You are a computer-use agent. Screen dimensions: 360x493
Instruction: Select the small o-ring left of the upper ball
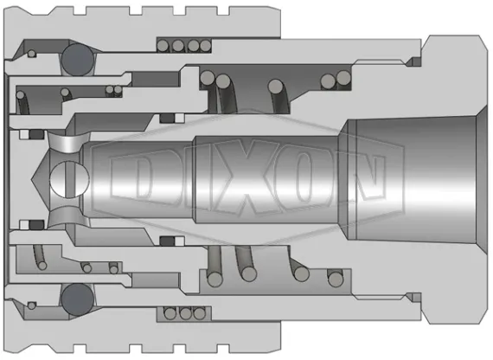[x=32, y=54]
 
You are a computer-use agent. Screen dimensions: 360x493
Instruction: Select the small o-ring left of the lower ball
[x=32, y=304]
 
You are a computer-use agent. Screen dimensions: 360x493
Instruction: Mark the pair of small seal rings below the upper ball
[x=112, y=89]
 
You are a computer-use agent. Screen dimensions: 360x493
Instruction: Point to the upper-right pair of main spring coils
[x=332, y=80]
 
